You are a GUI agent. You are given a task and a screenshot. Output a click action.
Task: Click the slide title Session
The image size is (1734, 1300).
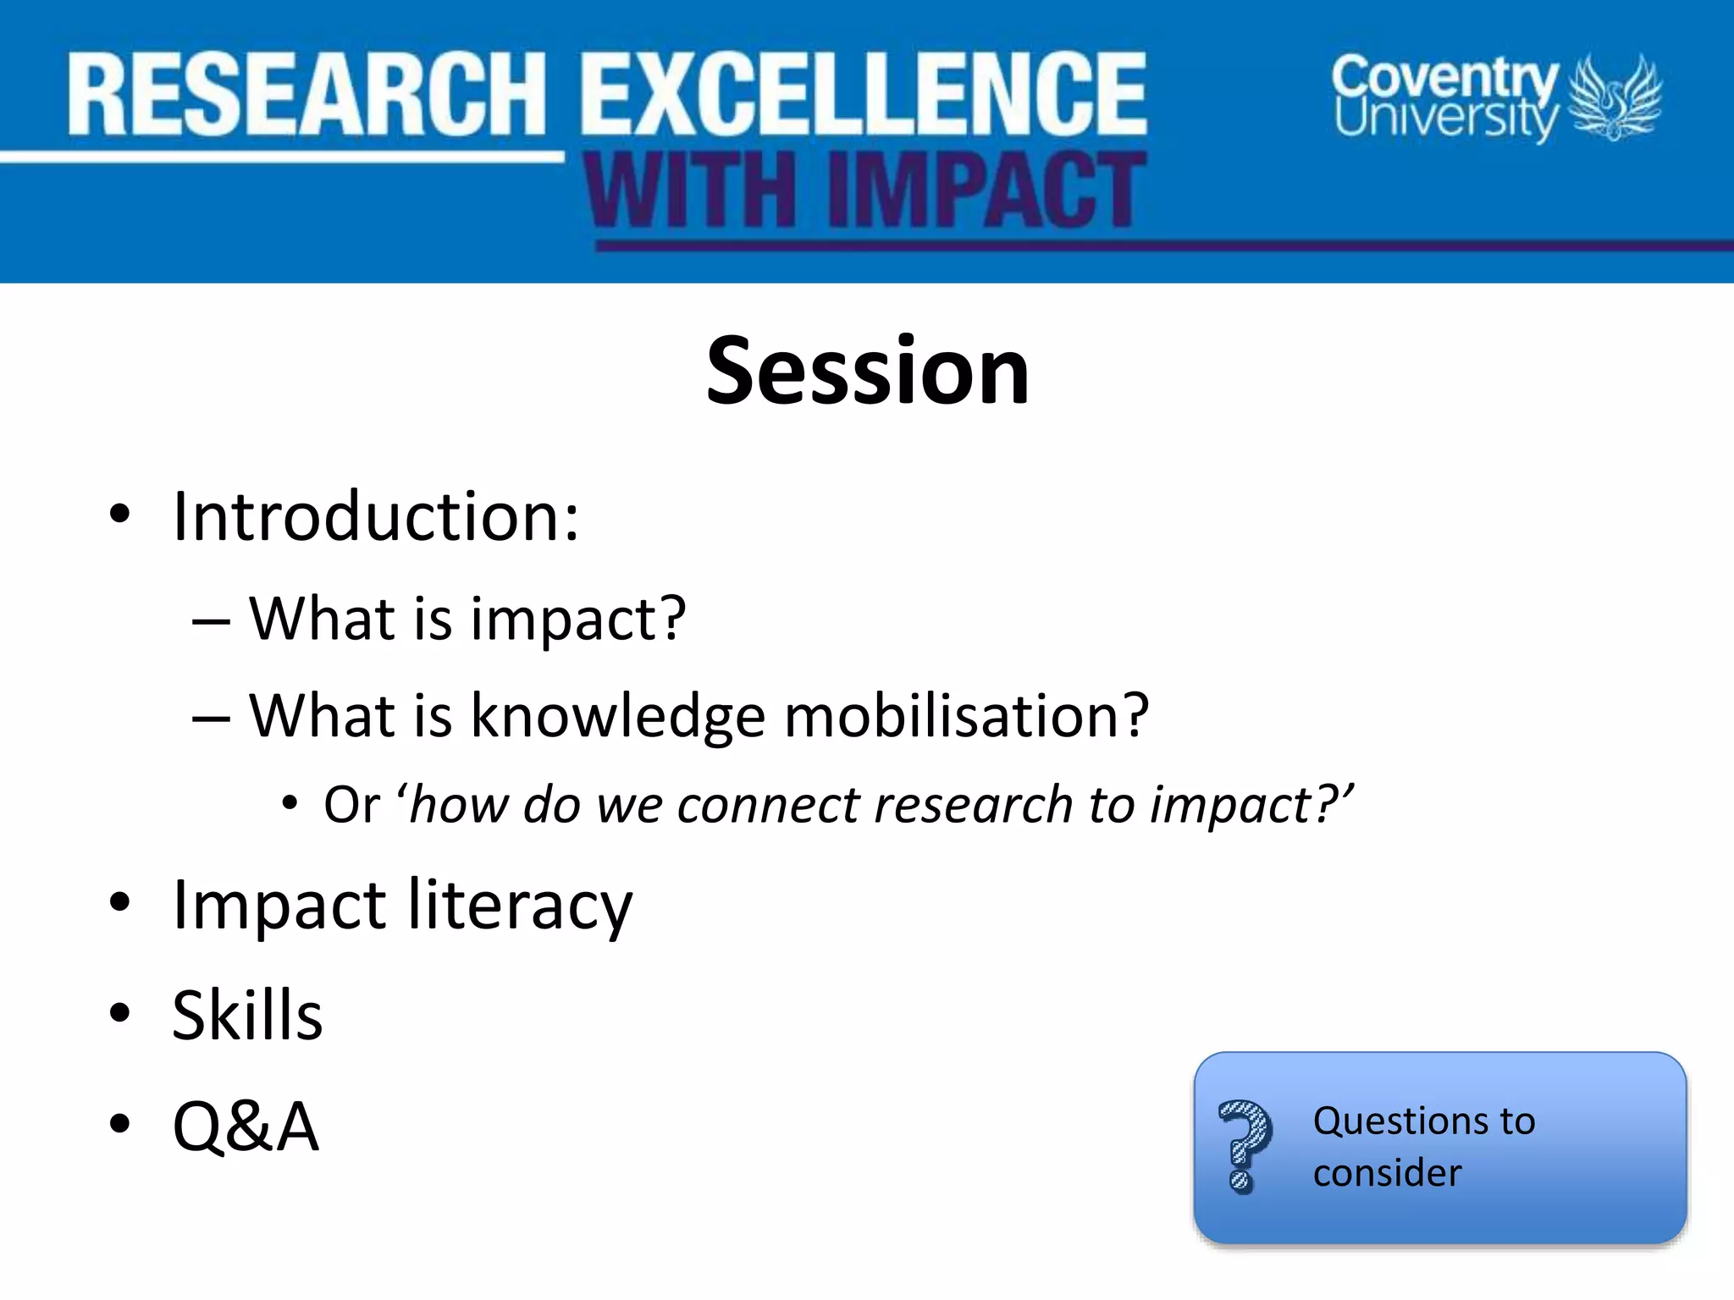coord(867,372)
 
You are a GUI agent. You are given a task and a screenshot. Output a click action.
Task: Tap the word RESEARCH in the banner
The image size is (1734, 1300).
coord(306,95)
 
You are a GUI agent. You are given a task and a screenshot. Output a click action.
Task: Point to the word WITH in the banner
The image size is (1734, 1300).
coord(690,191)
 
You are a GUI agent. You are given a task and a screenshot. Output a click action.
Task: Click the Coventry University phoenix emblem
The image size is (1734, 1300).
coord(1615,97)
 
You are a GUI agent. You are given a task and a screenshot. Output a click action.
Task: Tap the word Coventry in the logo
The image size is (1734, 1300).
coord(1444,77)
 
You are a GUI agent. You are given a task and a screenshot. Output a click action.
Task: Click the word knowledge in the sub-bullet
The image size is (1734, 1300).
coord(618,716)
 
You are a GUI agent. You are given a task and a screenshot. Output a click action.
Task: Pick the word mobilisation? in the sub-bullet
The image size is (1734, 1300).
coord(966,716)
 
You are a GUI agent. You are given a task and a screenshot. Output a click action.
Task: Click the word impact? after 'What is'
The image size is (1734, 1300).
coord(577,620)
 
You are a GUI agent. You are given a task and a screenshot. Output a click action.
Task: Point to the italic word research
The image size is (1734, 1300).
coord(974,805)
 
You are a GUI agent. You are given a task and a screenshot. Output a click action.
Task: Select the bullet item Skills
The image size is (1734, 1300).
coord(247,1016)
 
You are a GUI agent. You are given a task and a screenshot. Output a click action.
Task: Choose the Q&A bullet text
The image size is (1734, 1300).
coord(246,1126)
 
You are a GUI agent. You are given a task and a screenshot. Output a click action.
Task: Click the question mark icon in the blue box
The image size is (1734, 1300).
coord(1245,1147)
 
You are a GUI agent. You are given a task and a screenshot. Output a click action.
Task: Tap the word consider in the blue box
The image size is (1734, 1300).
coord(1387,1174)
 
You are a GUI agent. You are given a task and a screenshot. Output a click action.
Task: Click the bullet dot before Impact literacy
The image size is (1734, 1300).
coord(119,903)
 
